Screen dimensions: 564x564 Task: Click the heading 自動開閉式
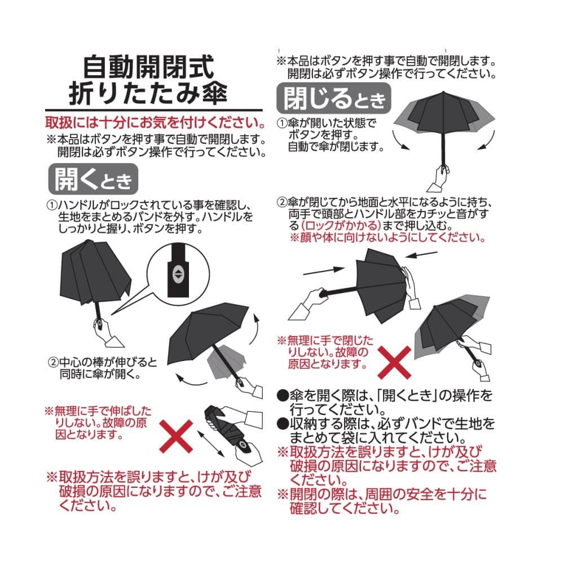pyautogui.click(x=148, y=67)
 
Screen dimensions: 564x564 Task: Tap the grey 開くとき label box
pyautogui.click(x=93, y=179)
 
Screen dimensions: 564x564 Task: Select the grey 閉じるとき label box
pyautogui.click(x=333, y=98)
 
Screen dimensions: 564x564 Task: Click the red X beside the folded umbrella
pyautogui.click(x=176, y=437)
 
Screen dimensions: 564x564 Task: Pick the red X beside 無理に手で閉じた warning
pyautogui.click(x=395, y=363)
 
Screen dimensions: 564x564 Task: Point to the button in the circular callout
pyautogui.click(x=178, y=275)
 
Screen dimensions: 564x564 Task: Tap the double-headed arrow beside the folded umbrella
pyautogui.click(x=211, y=444)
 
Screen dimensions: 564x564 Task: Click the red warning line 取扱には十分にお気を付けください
pyautogui.click(x=156, y=122)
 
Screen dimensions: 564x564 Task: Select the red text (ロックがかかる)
pyautogui.click(x=341, y=226)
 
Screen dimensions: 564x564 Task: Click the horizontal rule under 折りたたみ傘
pyautogui.click(x=154, y=109)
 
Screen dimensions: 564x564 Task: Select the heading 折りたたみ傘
pyautogui.click(x=148, y=93)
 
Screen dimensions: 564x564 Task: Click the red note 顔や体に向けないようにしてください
pyautogui.click(x=388, y=238)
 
